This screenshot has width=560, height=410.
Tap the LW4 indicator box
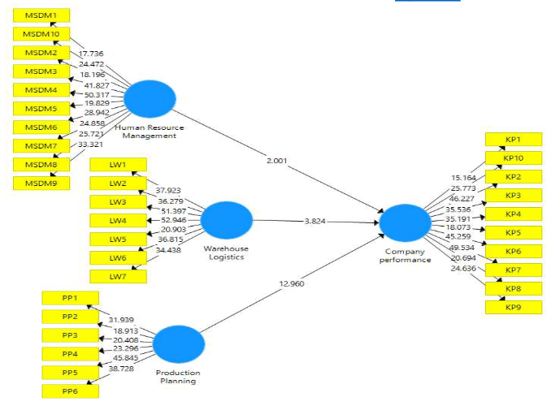[118, 220]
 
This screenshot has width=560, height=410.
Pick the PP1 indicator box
[70, 298]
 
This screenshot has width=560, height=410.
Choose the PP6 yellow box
[70, 391]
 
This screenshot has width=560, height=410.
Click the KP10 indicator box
[514, 158]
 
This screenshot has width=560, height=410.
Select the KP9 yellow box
[514, 307]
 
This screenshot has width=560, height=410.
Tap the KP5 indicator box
[514, 232]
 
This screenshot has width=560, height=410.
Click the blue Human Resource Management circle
[150, 99]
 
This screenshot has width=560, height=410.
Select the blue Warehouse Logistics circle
[226, 221]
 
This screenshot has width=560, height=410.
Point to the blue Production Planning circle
[179, 345]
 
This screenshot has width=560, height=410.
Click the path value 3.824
[315, 221]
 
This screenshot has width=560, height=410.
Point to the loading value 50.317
[98, 95]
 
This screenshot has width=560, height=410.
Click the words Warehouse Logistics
[226, 252]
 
